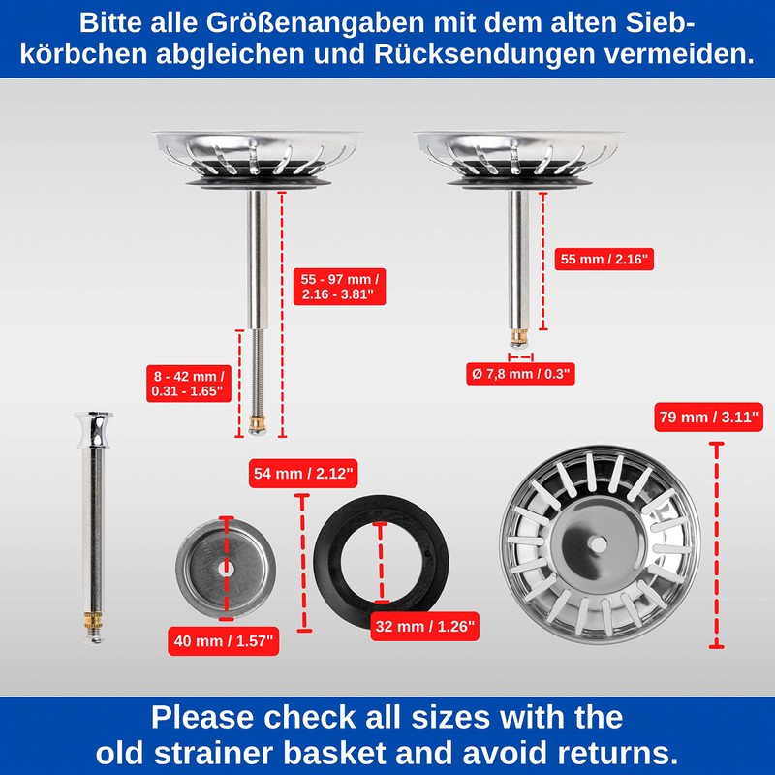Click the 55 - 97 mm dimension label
(340, 287)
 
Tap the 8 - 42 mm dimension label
(189, 384)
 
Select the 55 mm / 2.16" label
(604, 259)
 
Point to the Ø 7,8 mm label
(520, 374)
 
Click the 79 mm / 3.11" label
(708, 418)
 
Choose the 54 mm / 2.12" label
(303, 474)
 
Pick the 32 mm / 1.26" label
(424, 627)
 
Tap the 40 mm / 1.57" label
(224, 641)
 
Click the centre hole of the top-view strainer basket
(599, 544)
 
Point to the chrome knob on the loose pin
(94, 428)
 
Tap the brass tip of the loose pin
(93, 621)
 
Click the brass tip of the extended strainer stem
(257, 422)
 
